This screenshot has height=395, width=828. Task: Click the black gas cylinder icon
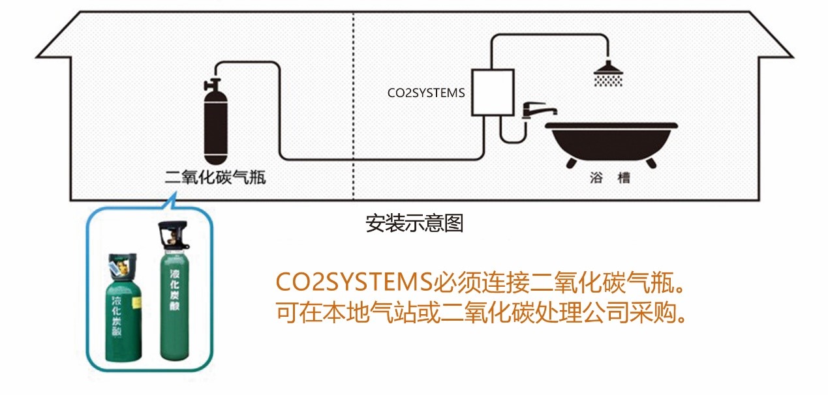point(215,127)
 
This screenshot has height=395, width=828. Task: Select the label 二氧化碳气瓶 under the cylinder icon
point(215,176)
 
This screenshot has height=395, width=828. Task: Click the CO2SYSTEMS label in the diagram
point(426,93)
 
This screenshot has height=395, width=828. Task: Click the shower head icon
point(607,68)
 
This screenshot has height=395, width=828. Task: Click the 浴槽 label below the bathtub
point(609,177)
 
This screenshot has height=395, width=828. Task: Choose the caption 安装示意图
point(414,224)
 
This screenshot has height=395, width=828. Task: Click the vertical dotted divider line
point(353,104)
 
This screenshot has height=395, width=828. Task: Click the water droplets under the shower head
point(607,80)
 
